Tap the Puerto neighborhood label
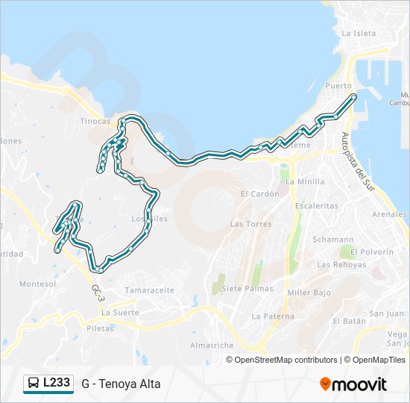[x=338, y=86]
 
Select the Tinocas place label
[x=95, y=121]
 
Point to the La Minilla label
[x=305, y=181]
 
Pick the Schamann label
[x=328, y=240]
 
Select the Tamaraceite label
[x=150, y=290]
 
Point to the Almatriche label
[x=212, y=346]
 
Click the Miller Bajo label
[x=308, y=293]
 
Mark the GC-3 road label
[x=97, y=292]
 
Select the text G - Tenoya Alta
[x=121, y=384]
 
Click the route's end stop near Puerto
[x=353, y=97]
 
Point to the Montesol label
[x=37, y=284]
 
